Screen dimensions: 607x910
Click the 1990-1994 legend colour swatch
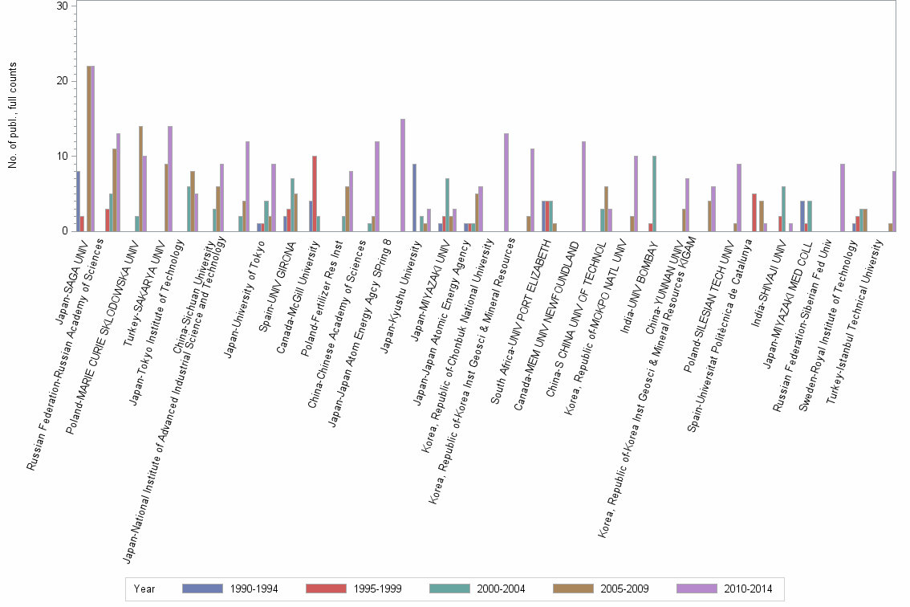pyautogui.click(x=202, y=589)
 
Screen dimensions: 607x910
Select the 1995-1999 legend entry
pyautogui.click(x=351, y=589)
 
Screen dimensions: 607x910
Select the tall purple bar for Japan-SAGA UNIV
pyautogui.click(x=92, y=149)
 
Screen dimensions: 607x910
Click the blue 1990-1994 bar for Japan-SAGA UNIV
pyautogui.click(x=78, y=201)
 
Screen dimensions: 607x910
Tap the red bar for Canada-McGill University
pyautogui.click(x=315, y=194)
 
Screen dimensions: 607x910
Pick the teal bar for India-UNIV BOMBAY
pyautogui.click(x=655, y=194)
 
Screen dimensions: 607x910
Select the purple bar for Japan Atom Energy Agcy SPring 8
pyautogui.click(x=403, y=175)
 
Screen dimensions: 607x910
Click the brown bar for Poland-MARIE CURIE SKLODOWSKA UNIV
pyautogui.click(x=140, y=178)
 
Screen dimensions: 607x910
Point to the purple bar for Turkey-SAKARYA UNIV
pyautogui.click(x=170, y=178)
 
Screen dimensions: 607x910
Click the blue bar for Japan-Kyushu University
pyautogui.click(x=414, y=198)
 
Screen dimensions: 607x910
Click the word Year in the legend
pyautogui.click(x=144, y=589)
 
